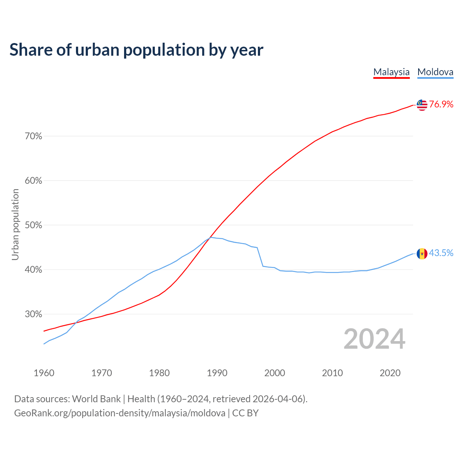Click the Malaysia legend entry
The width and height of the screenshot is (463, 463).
coord(391,72)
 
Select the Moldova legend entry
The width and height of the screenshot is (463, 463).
coord(435,72)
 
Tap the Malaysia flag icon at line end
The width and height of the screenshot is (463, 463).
coord(422,105)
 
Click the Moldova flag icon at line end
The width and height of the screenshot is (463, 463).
coord(422,254)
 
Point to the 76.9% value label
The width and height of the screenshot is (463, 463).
coord(441,105)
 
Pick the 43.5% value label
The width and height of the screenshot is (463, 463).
coord(441,253)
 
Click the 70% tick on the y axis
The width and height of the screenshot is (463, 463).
coord(33,136)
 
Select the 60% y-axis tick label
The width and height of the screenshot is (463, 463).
coord(33,181)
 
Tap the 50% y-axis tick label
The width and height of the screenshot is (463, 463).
coord(33,225)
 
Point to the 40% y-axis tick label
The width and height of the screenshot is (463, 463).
coord(33,270)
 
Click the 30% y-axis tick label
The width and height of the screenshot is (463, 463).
coord(33,314)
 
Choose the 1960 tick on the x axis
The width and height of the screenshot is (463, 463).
coord(44,373)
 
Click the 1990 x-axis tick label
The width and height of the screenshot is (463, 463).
coord(217,373)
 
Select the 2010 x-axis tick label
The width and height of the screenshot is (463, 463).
coord(332,373)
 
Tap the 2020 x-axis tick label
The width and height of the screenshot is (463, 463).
coord(390,373)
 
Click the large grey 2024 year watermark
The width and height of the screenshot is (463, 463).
coord(374,339)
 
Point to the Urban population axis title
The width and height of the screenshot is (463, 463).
coord(15,225)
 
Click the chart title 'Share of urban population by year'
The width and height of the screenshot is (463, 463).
coord(136,50)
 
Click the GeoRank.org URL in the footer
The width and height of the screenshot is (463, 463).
coord(119,413)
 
